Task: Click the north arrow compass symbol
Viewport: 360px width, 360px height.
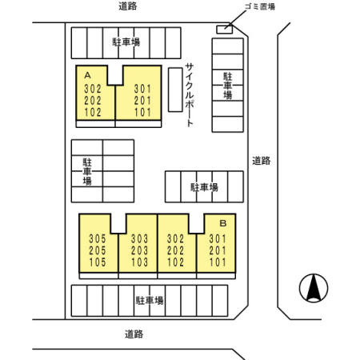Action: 314,288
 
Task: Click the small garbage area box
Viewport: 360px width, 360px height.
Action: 226,29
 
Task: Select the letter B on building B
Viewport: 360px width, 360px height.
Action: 223,224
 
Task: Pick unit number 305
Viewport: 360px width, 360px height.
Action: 97,238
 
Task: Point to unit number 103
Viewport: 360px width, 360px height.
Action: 138,262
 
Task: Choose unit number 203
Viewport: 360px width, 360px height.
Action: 138,250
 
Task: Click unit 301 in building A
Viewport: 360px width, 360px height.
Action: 142,89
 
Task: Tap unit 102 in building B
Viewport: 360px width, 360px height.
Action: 176,262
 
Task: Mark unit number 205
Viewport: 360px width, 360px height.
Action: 97,250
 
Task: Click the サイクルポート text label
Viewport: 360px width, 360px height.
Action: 190,94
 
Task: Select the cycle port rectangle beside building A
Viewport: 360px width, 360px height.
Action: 174,89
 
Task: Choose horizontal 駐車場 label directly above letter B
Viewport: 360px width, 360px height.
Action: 204,187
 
